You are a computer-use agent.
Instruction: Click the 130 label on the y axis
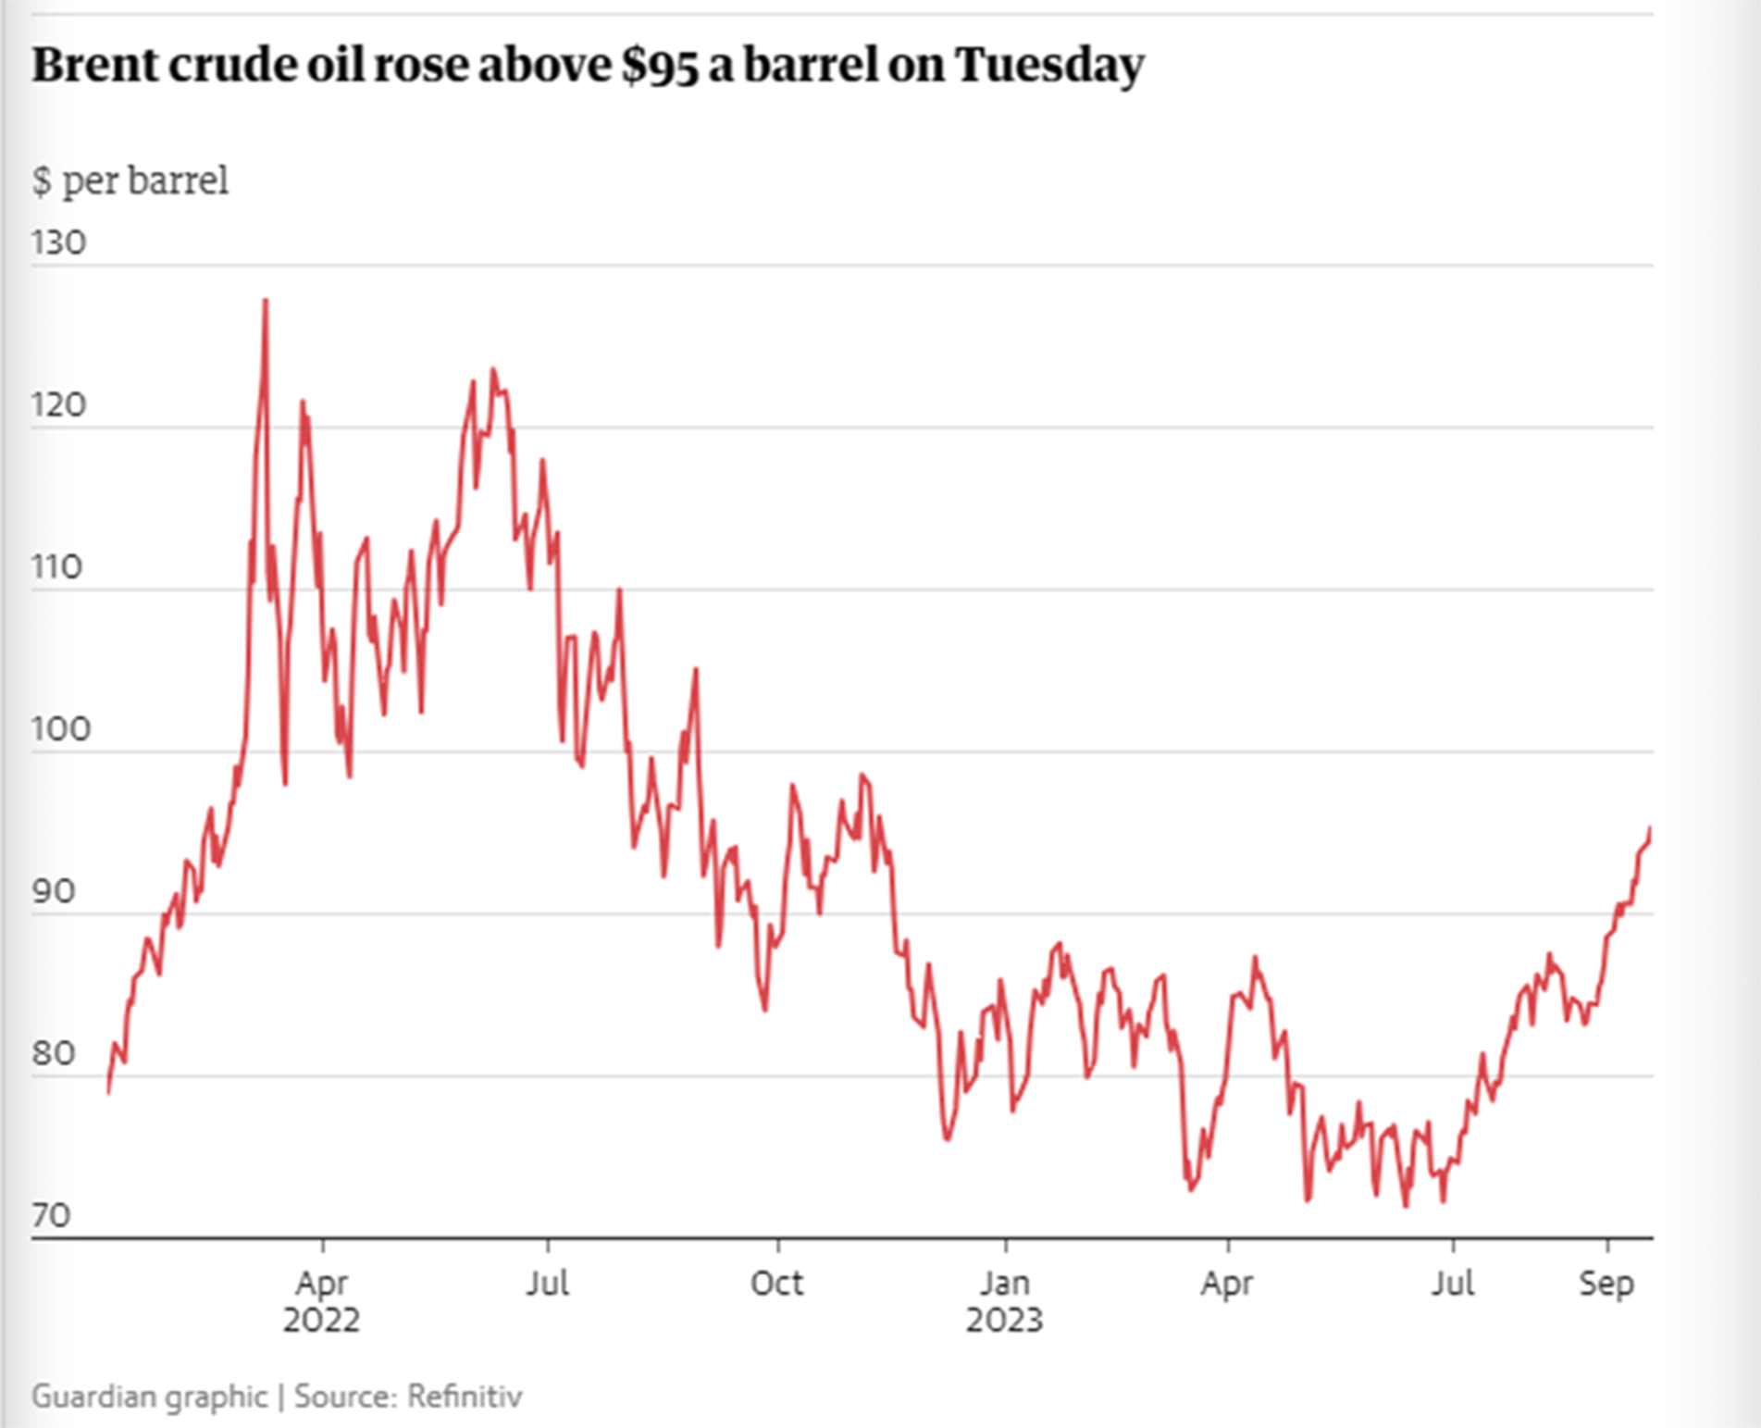(x=58, y=242)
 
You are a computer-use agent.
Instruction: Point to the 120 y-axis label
(x=58, y=405)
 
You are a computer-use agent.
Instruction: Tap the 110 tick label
(x=56, y=567)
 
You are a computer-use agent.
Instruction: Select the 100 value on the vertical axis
(x=60, y=729)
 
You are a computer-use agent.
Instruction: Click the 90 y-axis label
(x=53, y=891)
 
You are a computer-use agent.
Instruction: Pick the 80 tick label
(x=53, y=1053)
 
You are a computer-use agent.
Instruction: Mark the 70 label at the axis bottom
(x=51, y=1215)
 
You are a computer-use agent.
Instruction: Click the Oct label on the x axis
(x=777, y=1284)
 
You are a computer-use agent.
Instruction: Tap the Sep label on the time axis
(x=1606, y=1284)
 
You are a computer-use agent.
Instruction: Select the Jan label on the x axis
(x=1005, y=1284)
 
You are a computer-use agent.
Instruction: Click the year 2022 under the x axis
(x=321, y=1320)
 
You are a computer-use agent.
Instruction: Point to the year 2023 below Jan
(x=1005, y=1320)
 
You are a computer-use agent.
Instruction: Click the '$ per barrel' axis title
(x=130, y=180)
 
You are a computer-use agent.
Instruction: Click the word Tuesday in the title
(x=1049, y=65)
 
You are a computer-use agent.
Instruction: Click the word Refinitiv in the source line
(x=465, y=1396)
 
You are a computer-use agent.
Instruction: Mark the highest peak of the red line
(x=266, y=300)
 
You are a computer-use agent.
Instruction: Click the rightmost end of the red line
(x=1651, y=829)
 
